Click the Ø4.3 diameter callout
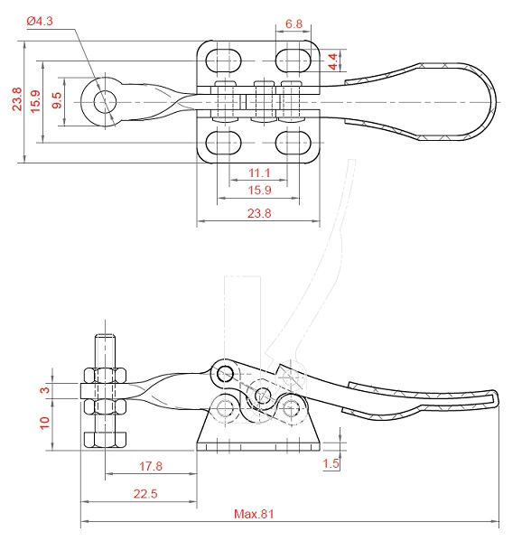coord(40,21)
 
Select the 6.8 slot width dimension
coord(293,23)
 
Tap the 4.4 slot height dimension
coord(333,61)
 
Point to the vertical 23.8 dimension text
coord(17,99)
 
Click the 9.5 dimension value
coord(57,100)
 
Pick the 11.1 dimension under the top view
coord(259,172)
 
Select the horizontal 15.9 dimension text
coord(259,191)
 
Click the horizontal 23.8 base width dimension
coord(259,213)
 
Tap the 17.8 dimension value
coord(151,466)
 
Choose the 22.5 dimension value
coord(145,494)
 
